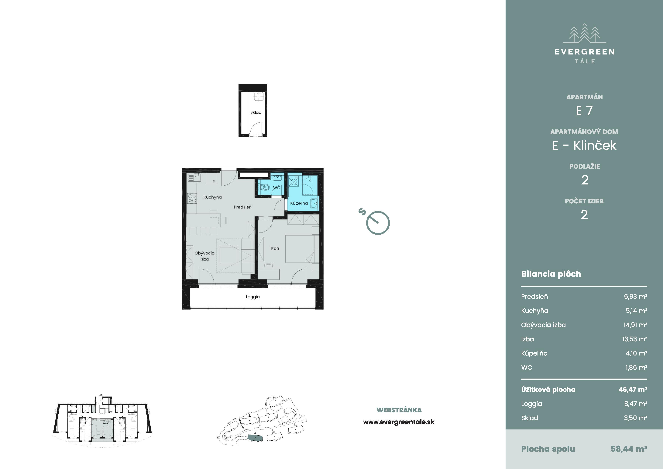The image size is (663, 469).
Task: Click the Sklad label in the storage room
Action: [x=256, y=112]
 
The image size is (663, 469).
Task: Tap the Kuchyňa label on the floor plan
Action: [x=213, y=197]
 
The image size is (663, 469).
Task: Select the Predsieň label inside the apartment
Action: [x=242, y=207]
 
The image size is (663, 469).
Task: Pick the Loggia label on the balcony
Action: [x=253, y=297]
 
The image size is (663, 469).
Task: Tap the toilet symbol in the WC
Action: [x=265, y=187]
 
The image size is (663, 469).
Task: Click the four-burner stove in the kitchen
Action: [x=192, y=198]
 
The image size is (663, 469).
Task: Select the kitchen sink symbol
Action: [x=194, y=177]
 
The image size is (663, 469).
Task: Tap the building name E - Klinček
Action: [x=584, y=145]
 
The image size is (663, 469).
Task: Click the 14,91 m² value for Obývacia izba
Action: [x=635, y=325]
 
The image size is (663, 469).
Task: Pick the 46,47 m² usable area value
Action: [x=633, y=390]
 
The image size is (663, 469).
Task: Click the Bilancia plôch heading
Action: [x=551, y=274]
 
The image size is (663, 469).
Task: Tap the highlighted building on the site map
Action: [x=255, y=438]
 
